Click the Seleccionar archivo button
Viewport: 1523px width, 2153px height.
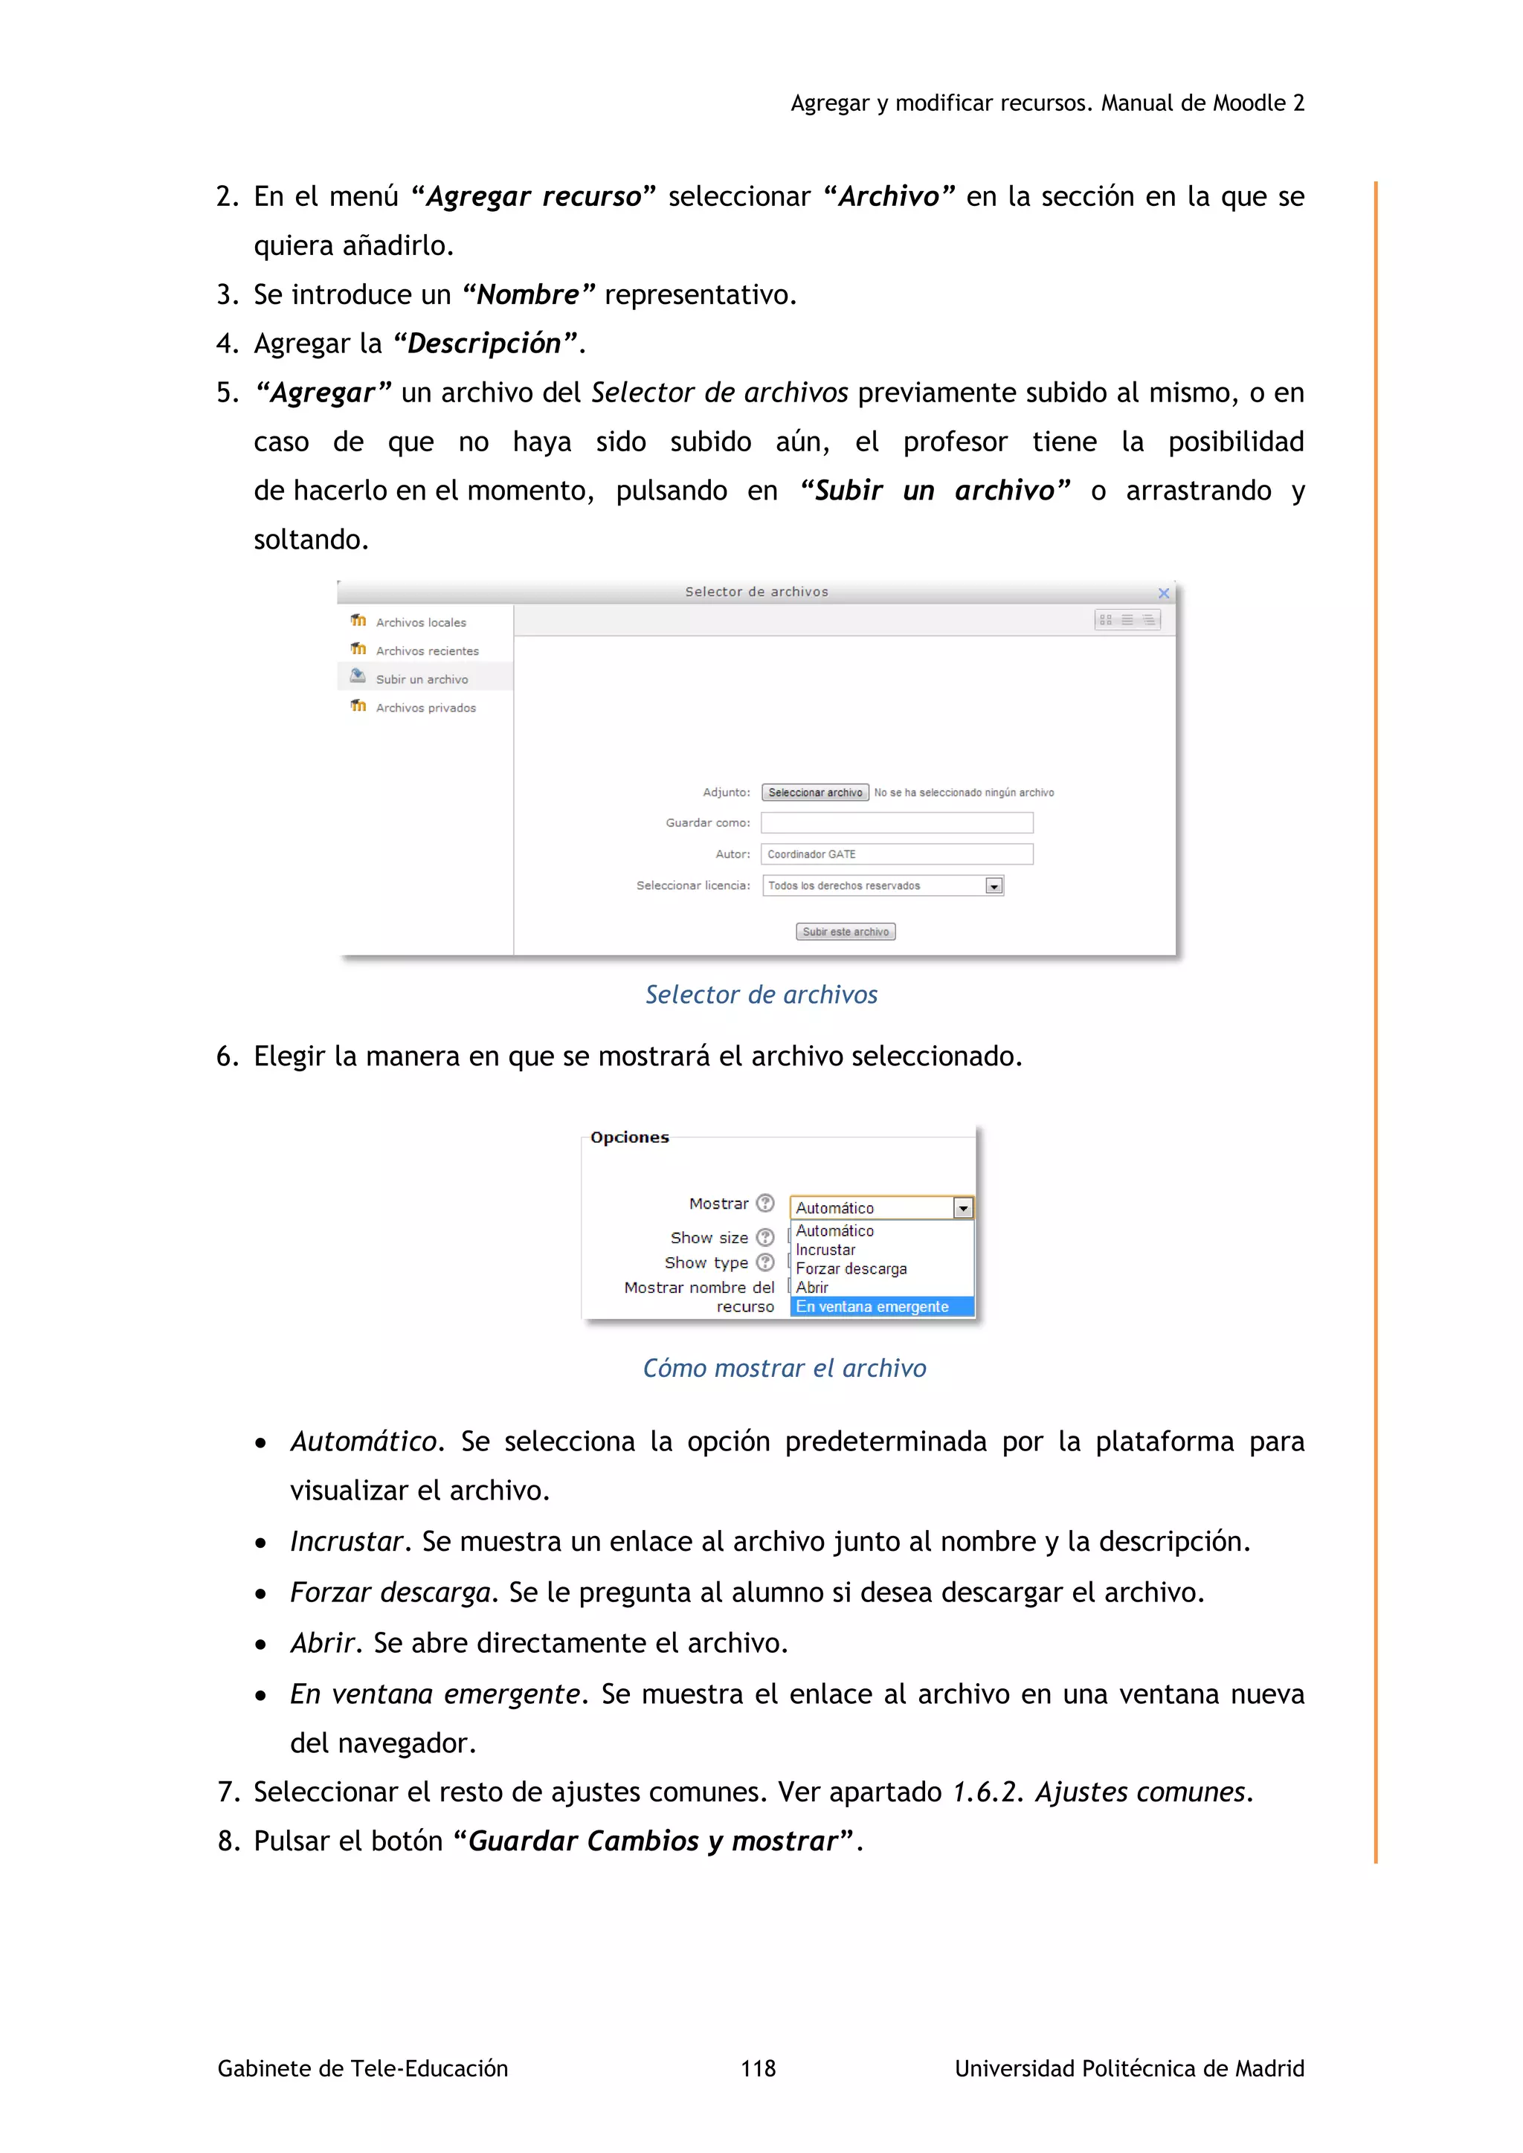pos(815,793)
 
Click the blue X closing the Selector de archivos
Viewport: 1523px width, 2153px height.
pos(1164,593)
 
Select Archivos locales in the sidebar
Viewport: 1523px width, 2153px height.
pos(420,623)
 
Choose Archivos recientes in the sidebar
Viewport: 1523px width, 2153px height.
pos(427,651)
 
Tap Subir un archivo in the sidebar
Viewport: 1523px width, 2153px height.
pos(421,679)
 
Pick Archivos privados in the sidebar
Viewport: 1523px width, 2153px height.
pos(426,708)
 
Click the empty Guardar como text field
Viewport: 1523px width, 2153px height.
pos(897,822)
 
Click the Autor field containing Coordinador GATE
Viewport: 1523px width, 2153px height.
pos(897,854)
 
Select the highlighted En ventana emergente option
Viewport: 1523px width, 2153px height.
pos(872,1306)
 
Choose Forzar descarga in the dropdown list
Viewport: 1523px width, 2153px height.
pos(851,1269)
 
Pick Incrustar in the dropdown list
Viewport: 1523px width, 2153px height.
pos(825,1250)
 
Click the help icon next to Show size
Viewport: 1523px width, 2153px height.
pos(765,1237)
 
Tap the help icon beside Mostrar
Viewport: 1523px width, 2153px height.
pos(765,1203)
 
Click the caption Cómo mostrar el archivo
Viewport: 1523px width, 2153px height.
pos(784,1368)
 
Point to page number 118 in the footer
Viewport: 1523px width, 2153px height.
pos(758,2068)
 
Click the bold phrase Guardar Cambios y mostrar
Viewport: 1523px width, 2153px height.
pos(653,1841)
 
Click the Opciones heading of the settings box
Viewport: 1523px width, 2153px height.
pos(629,1137)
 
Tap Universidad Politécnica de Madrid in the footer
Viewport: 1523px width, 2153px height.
pos(1129,2068)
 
